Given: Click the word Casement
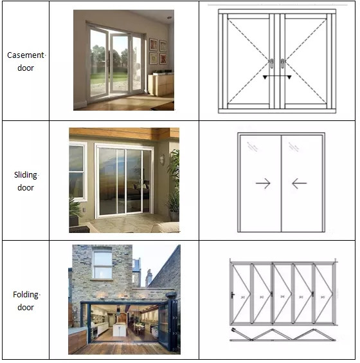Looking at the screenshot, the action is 26,55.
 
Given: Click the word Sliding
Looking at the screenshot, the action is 26,175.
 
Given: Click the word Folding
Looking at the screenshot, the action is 26,295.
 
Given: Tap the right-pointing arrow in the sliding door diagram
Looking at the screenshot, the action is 263,183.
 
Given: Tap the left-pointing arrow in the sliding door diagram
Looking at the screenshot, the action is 300,183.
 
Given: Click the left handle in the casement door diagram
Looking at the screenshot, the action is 272,64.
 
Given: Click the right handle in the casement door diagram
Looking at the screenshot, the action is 283,64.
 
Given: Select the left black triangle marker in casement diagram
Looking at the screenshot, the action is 265,77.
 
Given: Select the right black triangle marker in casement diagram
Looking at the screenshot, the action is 289,77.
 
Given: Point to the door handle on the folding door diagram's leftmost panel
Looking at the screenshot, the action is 233,295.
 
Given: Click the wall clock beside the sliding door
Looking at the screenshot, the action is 162,160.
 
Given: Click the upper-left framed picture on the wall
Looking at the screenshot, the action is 153,44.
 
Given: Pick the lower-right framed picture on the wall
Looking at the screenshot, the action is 163,59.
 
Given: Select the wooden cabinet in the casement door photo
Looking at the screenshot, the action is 161,84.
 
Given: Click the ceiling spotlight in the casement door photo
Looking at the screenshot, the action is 170,17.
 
